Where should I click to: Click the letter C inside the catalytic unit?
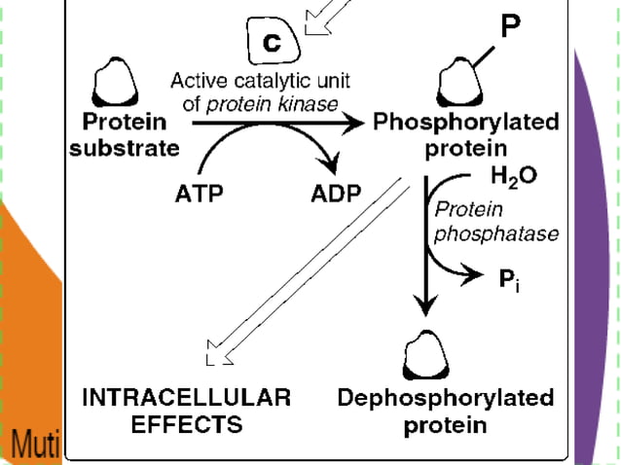point(273,44)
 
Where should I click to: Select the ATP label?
point(198,193)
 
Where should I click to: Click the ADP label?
point(336,193)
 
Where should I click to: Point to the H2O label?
point(512,179)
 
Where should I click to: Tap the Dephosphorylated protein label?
point(445,411)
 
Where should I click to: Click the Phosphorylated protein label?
point(466,135)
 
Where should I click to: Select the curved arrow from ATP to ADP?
point(268,141)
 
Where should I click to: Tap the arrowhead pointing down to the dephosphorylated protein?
point(425,305)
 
